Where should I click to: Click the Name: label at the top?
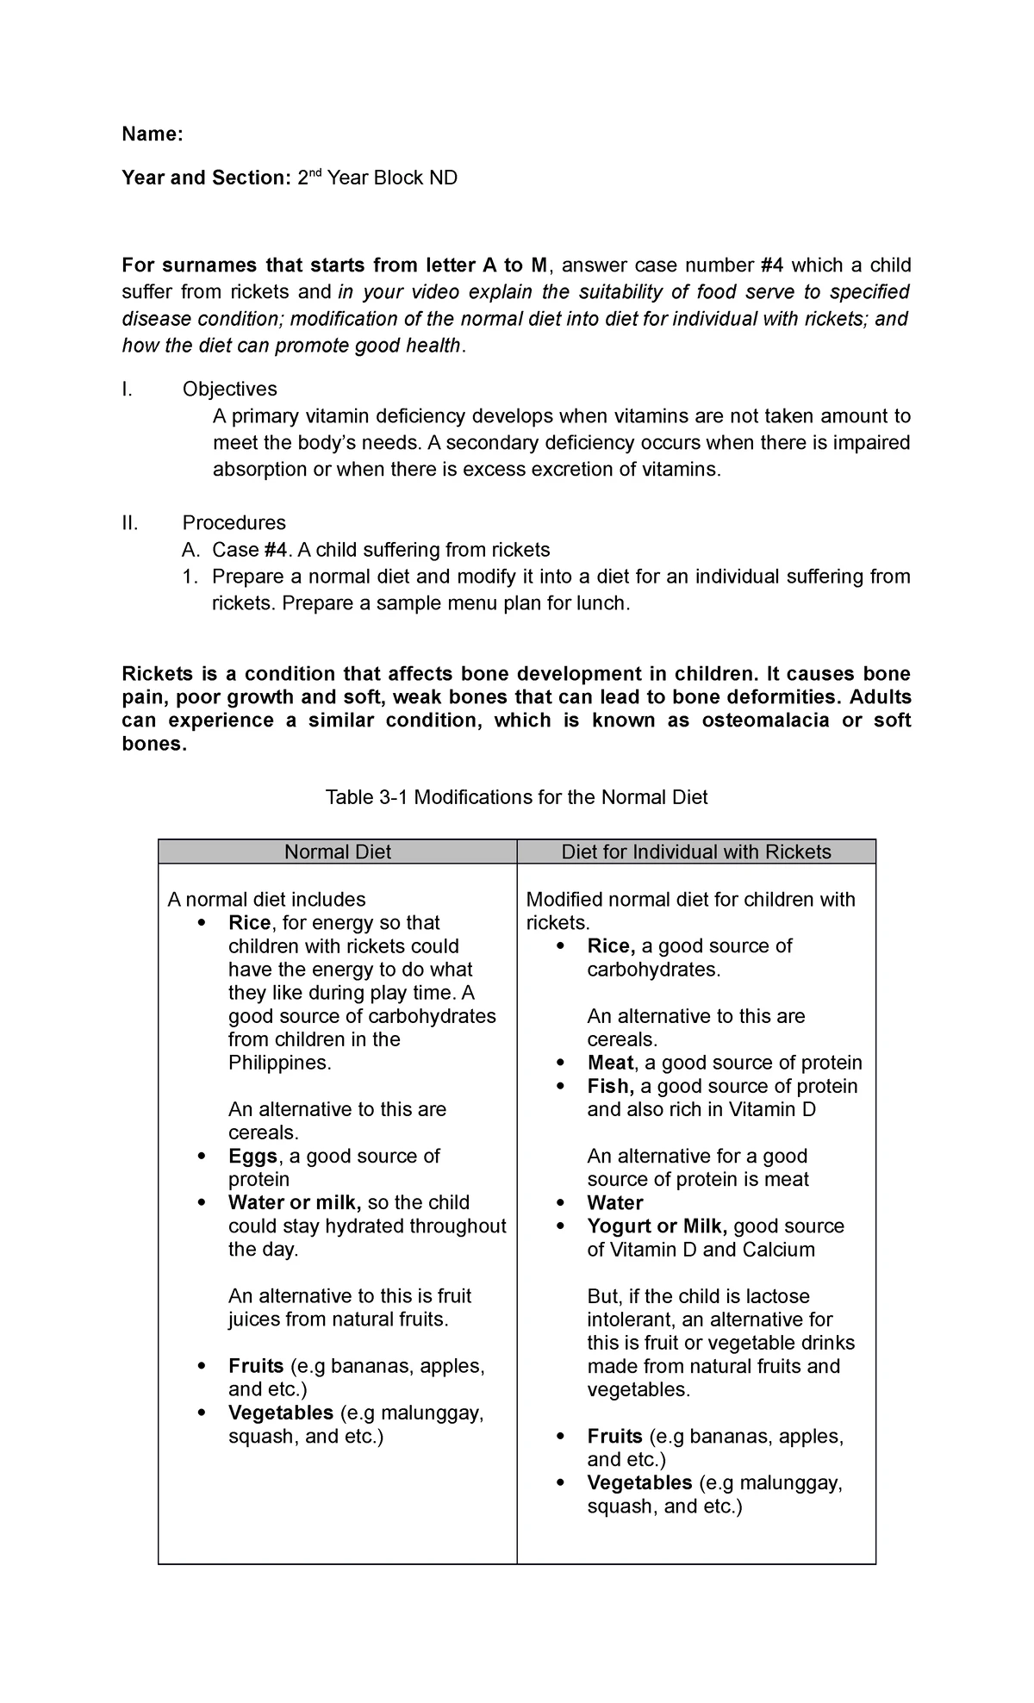152,134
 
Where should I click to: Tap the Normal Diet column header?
338,851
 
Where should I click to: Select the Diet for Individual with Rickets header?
696,851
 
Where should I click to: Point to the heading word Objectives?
230,389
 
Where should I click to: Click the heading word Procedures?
234,522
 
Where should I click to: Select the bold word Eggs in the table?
253,1156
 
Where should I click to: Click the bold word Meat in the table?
610,1063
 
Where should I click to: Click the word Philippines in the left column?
280,1063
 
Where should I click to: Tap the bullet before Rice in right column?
562,946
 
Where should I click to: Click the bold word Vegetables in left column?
281,1413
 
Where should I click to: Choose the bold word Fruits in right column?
615,1436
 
